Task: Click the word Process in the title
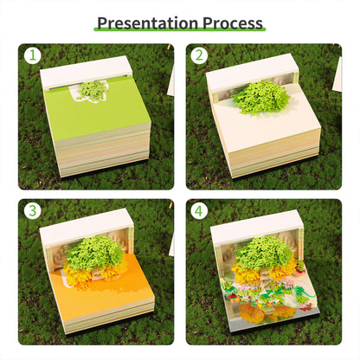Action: (x=232, y=22)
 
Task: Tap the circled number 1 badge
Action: (x=32, y=57)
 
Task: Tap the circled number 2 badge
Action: (x=199, y=57)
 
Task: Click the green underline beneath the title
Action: (x=179, y=34)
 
